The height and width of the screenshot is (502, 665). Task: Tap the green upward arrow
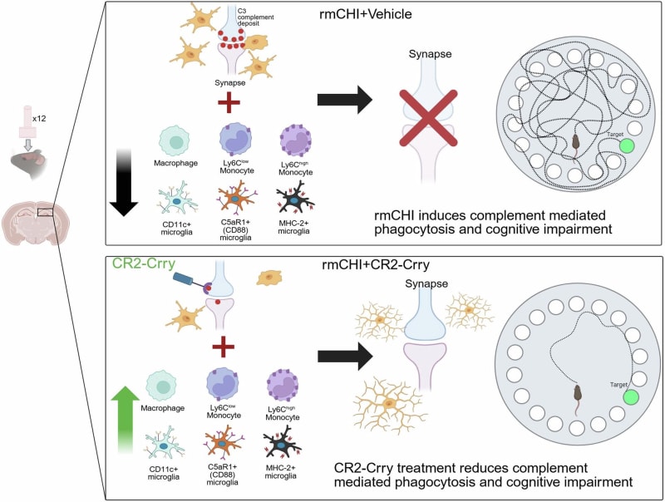[x=124, y=415]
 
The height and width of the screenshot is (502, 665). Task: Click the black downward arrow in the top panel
[x=124, y=178]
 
